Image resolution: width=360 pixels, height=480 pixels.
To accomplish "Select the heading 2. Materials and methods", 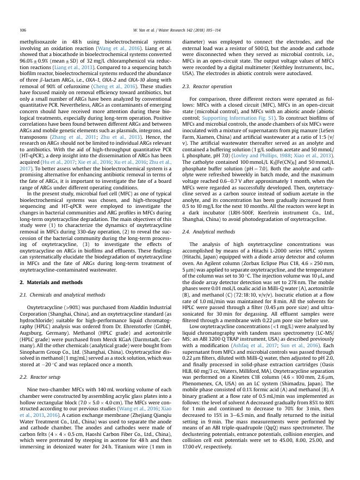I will (x=51, y=282).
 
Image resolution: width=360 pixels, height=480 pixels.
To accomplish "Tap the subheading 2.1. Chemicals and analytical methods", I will (x=63, y=294).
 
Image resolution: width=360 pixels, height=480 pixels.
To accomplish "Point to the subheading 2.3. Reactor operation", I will (x=207, y=87).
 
